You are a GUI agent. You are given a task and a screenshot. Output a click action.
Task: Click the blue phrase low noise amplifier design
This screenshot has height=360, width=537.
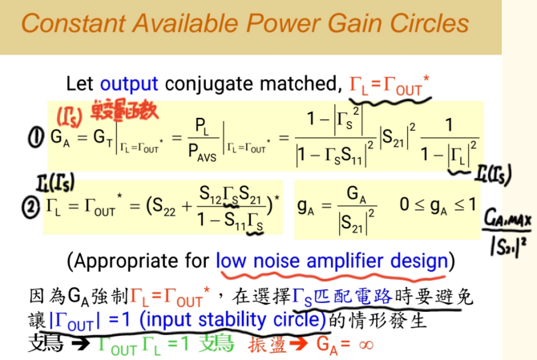pos(331,261)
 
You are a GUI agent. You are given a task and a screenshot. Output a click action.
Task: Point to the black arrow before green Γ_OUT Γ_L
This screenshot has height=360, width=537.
pos(81,346)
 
